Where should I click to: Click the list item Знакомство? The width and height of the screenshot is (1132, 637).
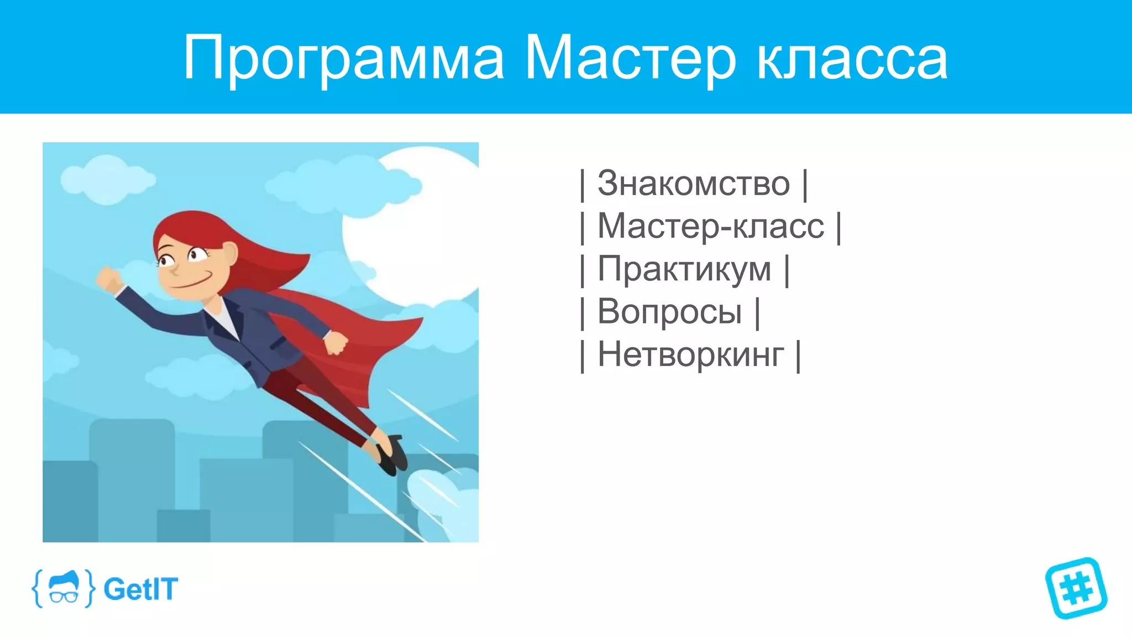(x=694, y=184)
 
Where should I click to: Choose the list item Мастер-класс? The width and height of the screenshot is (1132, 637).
(x=710, y=226)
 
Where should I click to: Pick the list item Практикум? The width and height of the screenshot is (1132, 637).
(x=684, y=269)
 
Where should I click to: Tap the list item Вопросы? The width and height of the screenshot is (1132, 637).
(x=669, y=312)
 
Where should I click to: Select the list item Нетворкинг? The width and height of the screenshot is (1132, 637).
(x=690, y=354)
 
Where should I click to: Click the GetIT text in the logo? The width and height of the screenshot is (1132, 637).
(x=141, y=589)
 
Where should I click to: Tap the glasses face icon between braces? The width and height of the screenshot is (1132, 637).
(x=64, y=588)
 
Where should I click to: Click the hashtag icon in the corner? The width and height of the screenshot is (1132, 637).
(x=1076, y=588)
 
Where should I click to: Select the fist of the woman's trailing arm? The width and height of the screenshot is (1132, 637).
(x=336, y=343)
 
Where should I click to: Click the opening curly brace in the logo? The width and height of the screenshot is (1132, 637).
(x=38, y=588)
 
